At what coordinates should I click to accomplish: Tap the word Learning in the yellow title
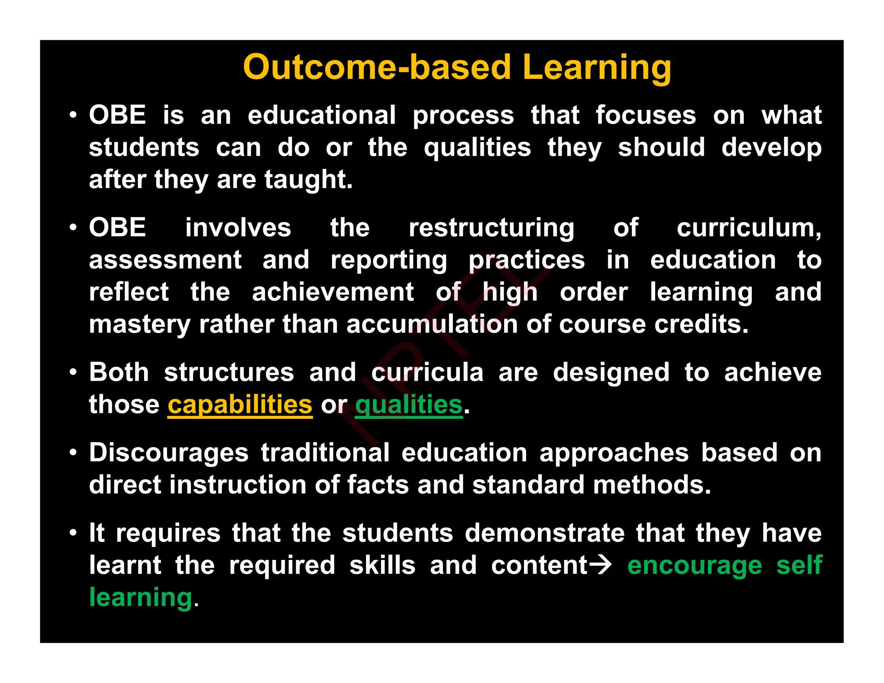597,68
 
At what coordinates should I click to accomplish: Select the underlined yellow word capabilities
240,405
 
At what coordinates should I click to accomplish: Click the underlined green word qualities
408,405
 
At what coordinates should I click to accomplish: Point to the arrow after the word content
600,565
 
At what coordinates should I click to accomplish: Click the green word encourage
695,566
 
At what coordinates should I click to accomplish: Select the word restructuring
491,228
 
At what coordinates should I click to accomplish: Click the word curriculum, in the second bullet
749,228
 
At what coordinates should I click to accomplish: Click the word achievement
333,292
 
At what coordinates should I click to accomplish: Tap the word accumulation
432,324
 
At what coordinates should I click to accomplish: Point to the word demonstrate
545,533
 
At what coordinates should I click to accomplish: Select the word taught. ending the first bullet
309,180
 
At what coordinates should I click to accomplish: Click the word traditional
325,453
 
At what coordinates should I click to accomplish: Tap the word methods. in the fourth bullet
652,485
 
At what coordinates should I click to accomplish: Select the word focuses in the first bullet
646,115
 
